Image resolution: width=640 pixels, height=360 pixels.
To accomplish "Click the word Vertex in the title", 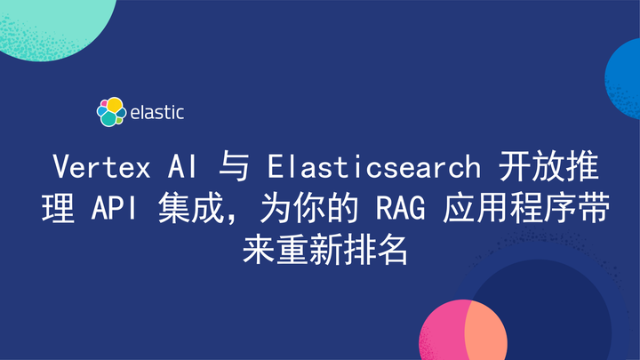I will point(96,167).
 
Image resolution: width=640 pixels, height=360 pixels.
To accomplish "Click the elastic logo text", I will point(156,112).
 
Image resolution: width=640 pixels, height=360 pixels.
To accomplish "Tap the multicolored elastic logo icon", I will point(110,112).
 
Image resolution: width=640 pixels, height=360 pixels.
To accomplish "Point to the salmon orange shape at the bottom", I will point(485,333).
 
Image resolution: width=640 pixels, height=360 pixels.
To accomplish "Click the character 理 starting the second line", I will point(52,210).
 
